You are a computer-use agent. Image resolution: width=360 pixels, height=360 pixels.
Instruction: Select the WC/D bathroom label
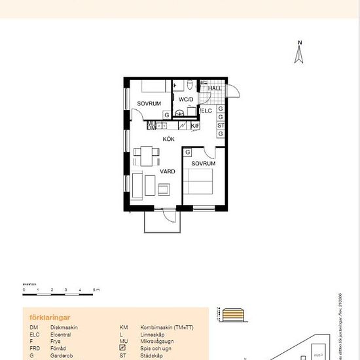[187, 99]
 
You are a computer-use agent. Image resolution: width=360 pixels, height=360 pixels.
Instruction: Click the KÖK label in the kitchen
[168, 139]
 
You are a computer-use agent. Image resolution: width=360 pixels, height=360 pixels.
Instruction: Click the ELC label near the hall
[206, 111]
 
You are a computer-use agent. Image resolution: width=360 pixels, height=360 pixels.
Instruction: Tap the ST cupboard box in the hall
[221, 126]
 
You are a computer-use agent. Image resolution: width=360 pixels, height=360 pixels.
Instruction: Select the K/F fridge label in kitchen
[194, 126]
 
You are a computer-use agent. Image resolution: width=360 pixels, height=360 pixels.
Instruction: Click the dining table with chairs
[147, 156]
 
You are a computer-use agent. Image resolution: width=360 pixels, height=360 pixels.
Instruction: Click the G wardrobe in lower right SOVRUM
[188, 153]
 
